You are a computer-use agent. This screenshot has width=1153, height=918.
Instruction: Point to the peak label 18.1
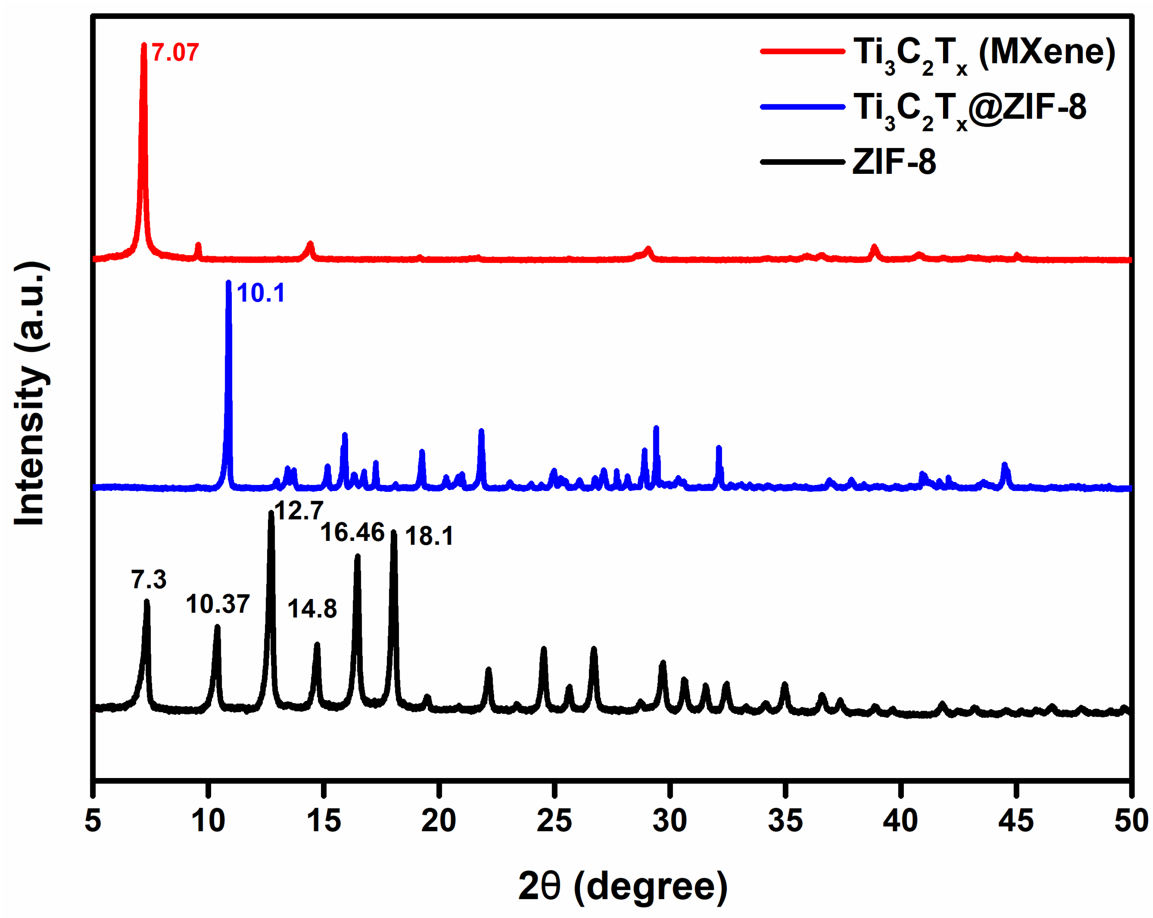(x=429, y=536)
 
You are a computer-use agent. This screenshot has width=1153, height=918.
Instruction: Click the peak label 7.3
(x=149, y=579)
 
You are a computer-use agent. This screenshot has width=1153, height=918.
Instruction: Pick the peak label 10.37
(x=218, y=605)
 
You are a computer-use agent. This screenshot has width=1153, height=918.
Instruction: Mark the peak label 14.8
(x=312, y=609)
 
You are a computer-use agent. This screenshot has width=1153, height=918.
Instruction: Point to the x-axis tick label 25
(x=554, y=821)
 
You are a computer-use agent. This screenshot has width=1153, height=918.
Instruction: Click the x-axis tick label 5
(x=93, y=821)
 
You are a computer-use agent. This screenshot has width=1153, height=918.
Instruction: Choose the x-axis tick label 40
(x=900, y=821)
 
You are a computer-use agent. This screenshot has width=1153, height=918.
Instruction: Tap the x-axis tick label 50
(x=1130, y=821)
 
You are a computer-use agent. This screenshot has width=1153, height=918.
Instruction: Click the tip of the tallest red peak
(x=143, y=45)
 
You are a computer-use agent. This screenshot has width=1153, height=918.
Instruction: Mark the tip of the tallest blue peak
(x=228, y=282)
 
